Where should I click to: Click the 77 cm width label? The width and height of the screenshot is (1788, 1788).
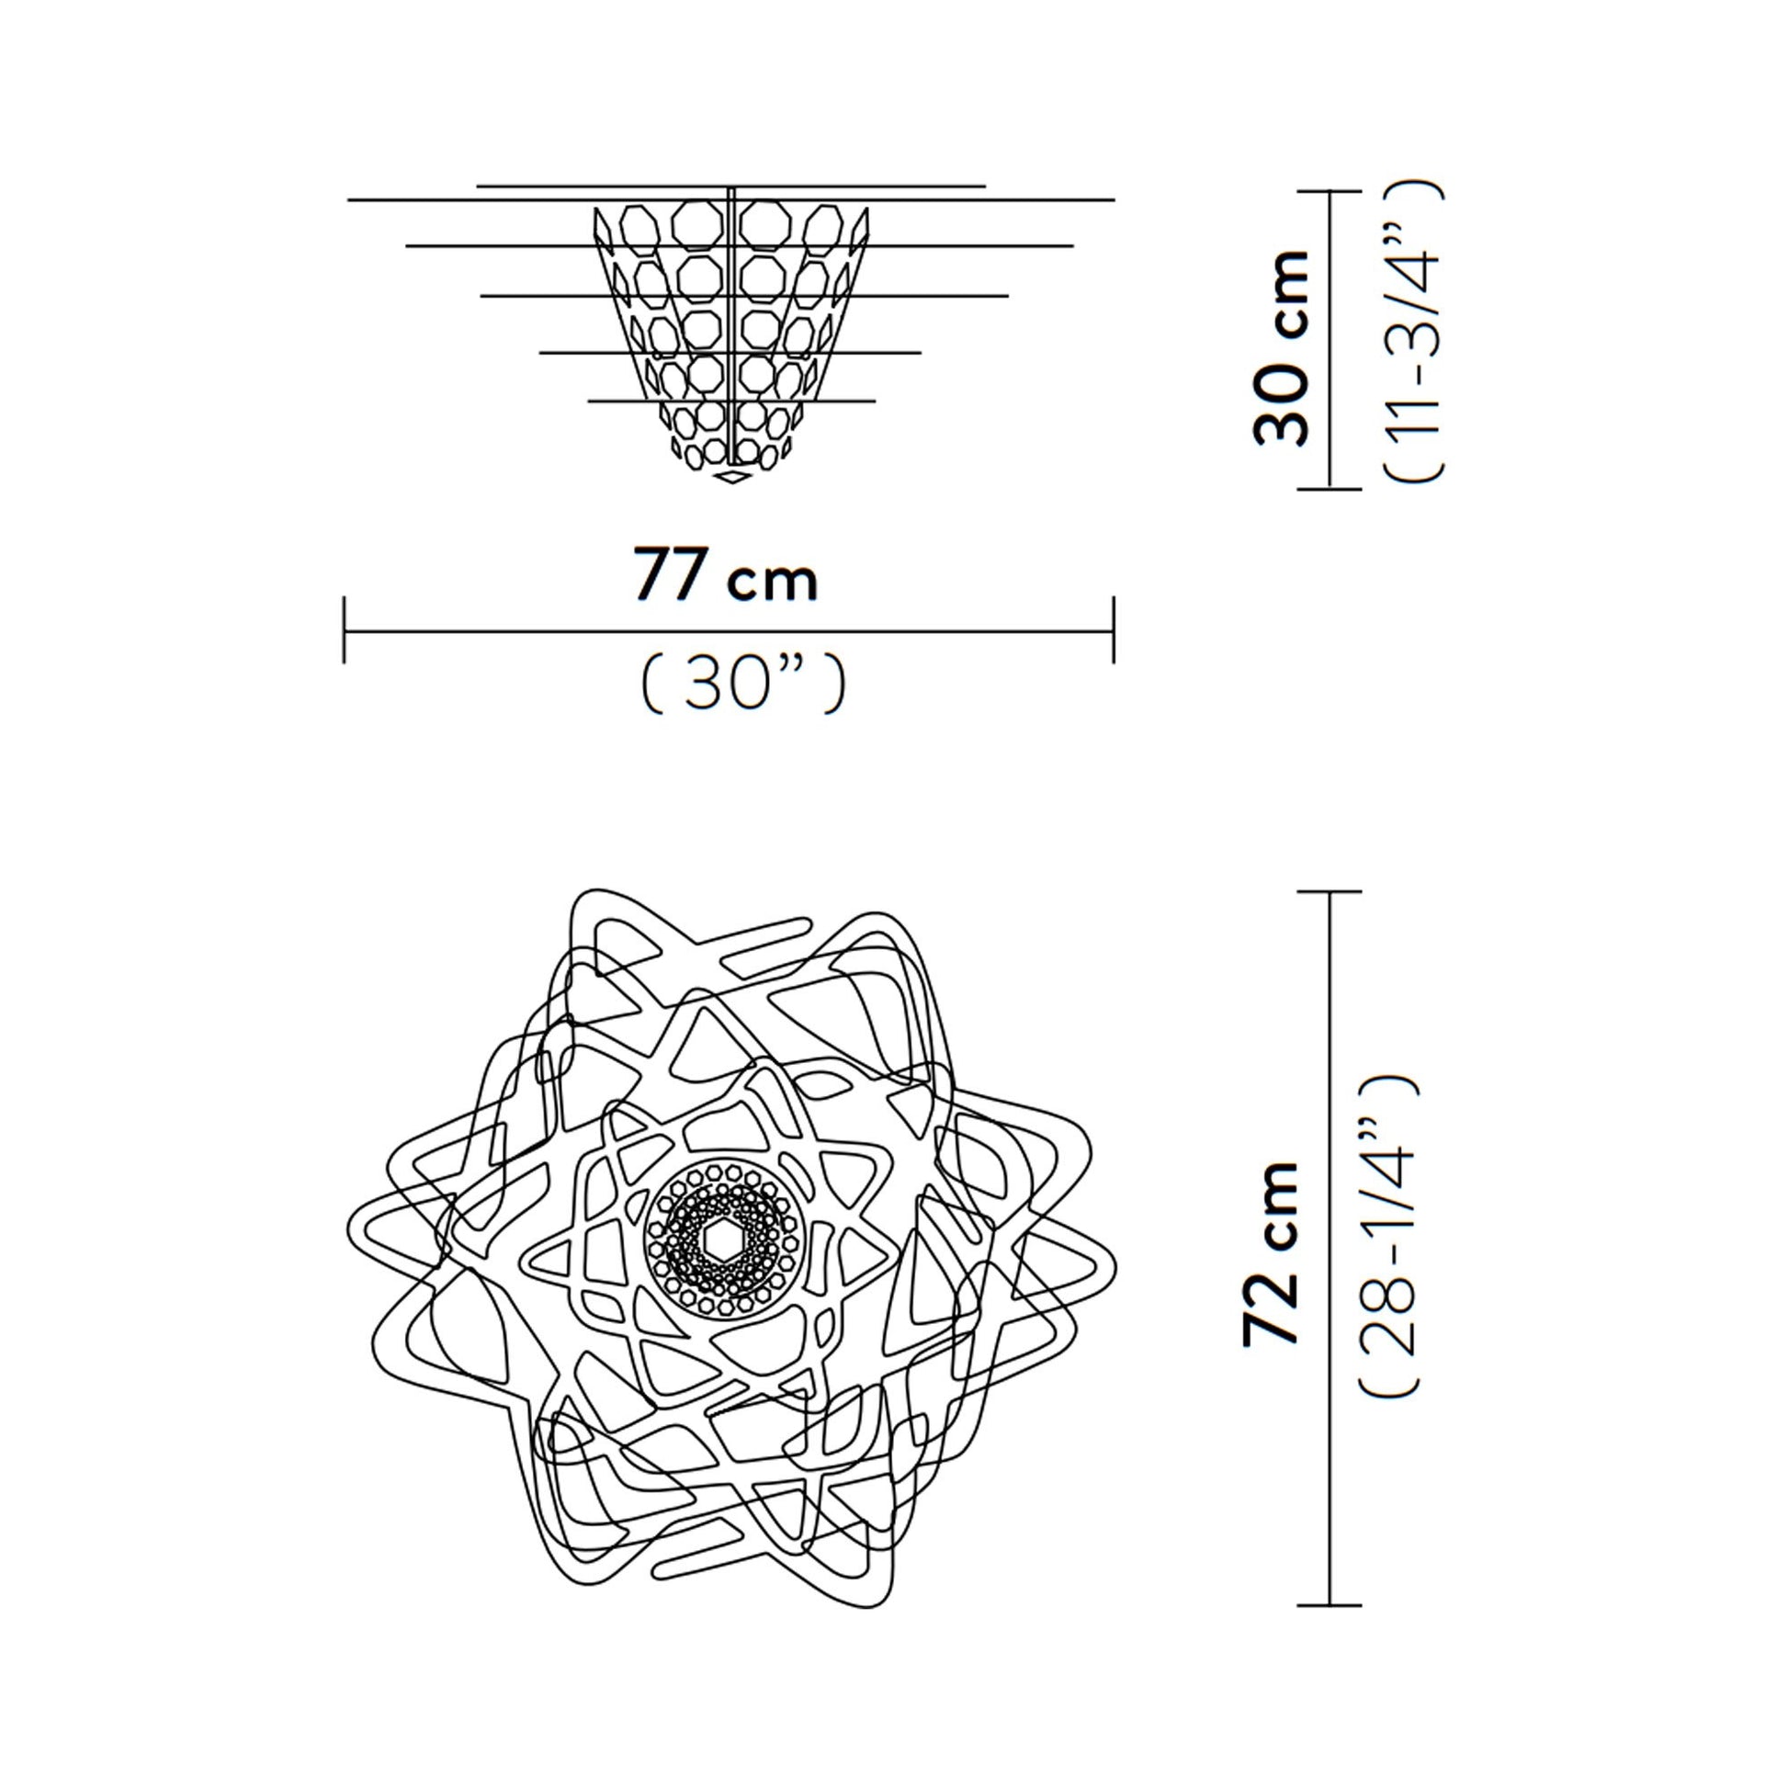(726, 576)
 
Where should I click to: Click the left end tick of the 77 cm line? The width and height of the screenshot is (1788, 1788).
(345, 630)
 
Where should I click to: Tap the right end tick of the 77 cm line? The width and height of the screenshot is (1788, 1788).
(1114, 630)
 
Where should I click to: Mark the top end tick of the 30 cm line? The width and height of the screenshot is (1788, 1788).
(1330, 191)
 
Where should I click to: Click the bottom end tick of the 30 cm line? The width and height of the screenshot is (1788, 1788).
(1330, 488)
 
